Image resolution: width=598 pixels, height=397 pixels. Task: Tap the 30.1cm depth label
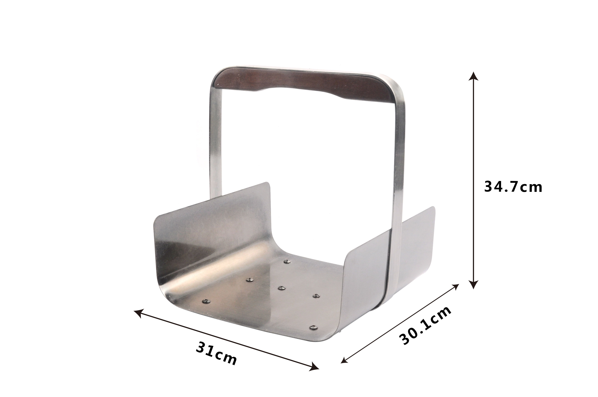[425, 325]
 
